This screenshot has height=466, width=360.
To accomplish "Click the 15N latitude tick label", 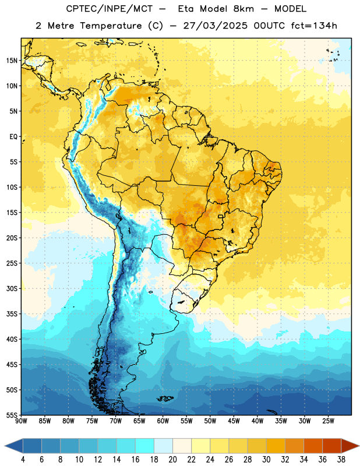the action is tap(12, 61).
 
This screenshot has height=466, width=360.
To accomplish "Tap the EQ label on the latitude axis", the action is tap(13, 137).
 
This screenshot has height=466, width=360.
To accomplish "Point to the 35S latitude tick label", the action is tap(12, 314).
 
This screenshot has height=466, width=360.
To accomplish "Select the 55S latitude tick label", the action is tap(12, 415).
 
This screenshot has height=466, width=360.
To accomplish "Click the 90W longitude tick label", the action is tap(21, 421).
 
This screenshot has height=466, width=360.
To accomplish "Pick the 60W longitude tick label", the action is tap(163, 421).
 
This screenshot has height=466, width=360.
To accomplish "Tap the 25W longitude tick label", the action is tap(328, 421).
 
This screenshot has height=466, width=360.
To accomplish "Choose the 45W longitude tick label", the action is tap(234, 421).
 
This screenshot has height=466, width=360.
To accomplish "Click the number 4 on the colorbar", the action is tap(23, 460).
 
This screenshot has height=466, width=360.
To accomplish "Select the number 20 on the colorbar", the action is tap(172, 460).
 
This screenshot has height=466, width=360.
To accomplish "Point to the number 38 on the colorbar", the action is tap(341, 460).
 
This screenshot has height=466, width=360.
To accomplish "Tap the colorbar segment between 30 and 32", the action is tap(276, 446).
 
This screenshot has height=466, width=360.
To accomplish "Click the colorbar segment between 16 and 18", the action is tap(144, 446).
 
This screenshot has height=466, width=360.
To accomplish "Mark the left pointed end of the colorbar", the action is tap(5, 446).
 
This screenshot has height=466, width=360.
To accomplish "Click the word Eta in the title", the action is tap(185, 9).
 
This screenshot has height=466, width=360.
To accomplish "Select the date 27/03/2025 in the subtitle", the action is tap(215, 26).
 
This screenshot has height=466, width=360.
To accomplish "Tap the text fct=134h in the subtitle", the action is tap(314, 26).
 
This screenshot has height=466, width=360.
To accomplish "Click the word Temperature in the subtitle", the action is tap(111, 26).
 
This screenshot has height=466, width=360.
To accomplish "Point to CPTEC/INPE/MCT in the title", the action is tap(110, 9).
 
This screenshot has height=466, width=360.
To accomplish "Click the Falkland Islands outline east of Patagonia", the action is tap(165, 398).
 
